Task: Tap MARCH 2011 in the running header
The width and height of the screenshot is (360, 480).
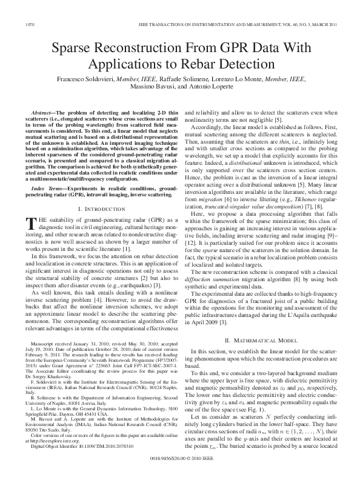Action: coord(318,24)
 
